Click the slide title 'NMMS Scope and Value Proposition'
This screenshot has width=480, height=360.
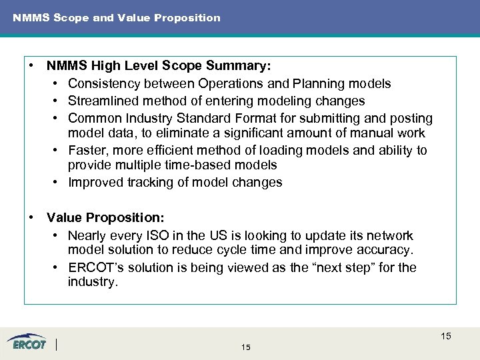point(116,18)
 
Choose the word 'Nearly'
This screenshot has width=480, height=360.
point(87,236)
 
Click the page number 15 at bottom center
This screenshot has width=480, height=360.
point(246,348)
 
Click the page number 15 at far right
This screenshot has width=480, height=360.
point(445,337)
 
